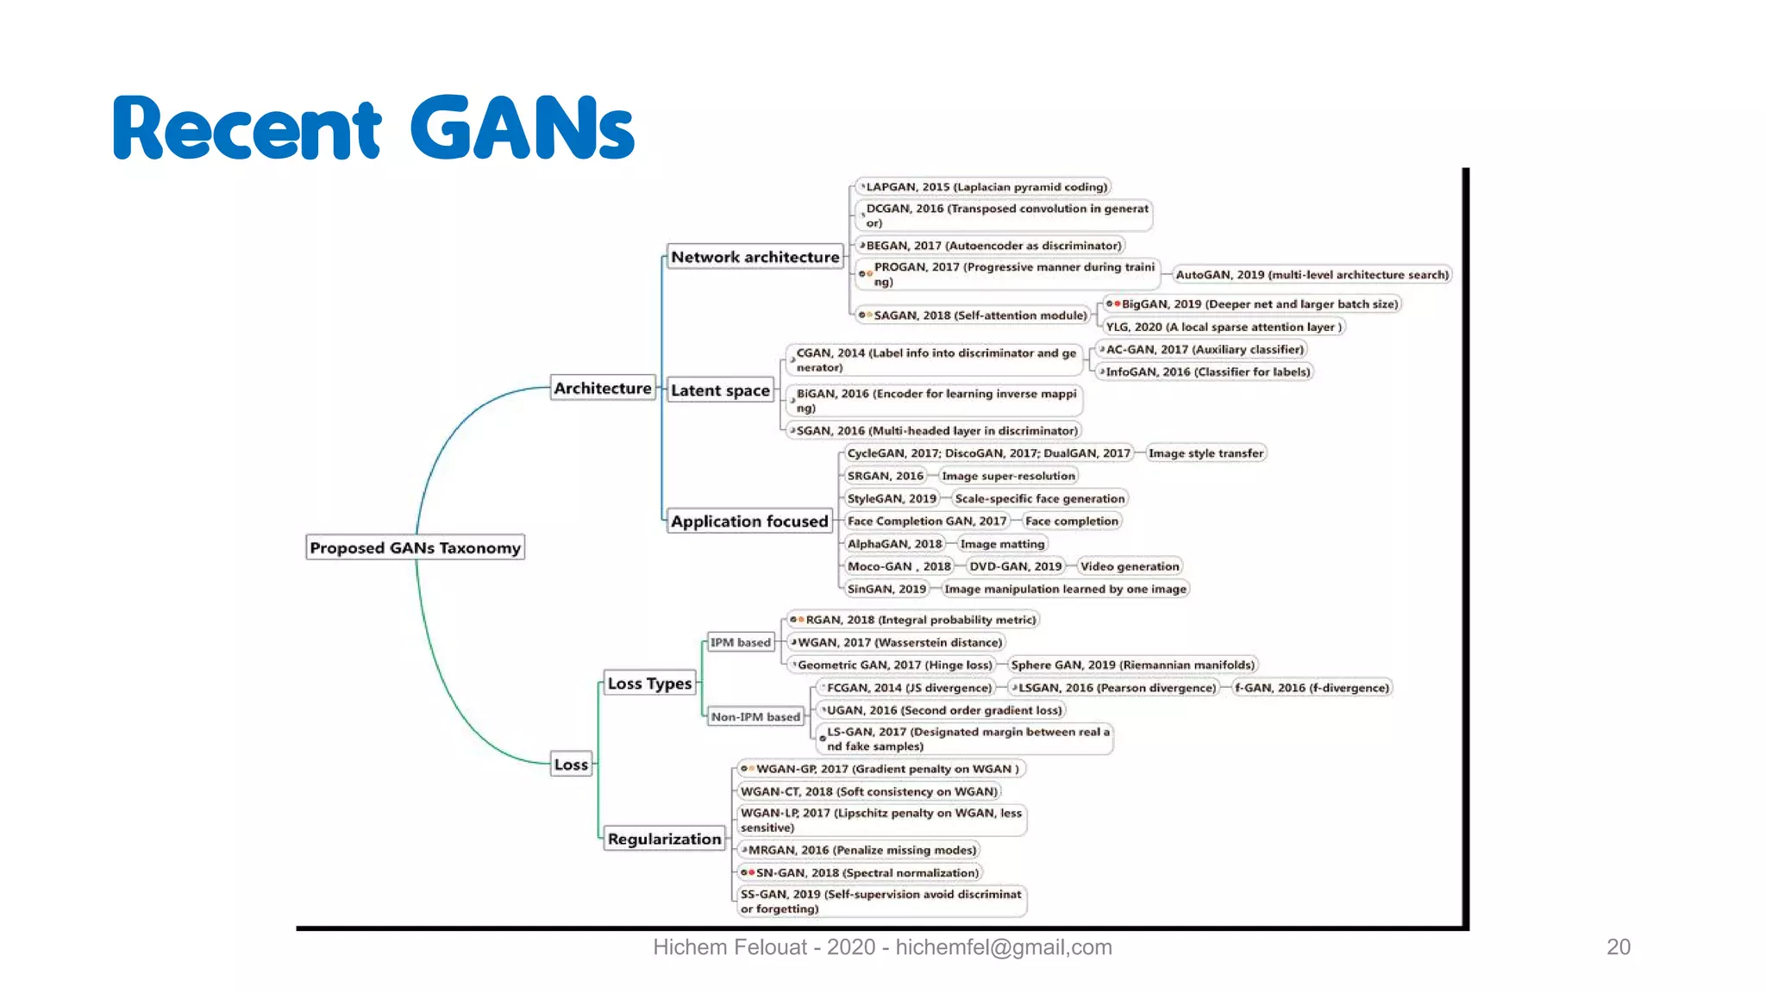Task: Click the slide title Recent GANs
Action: pyautogui.click(x=373, y=128)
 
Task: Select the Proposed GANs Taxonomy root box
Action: pyautogui.click(x=415, y=547)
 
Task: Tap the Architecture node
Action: pyautogui.click(x=602, y=388)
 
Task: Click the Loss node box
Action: pyautogui.click(x=571, y=764)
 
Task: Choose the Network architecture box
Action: pyautogui.click(x=755, y=257)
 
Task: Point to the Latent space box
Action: pyautogui.click(x=720, y=390)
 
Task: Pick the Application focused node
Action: pyautogui.click(x=748, y=521)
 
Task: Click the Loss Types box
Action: pyautogui.click(x=649, y=683)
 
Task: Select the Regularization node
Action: pyautogui.click(x=664, y=839)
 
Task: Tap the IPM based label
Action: pyautogui.click(x=740, y=642)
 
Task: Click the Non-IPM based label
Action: pyautogui.click(x=755, y=716)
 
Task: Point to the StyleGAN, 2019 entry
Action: pyautogui.click(x=892, y=498)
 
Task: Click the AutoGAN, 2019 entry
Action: pyautogui.click(x=1312, y=275)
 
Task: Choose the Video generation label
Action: pyautogui.click(x=1129, y=566)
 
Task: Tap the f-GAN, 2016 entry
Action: pyautogui.click(x=1312, y=688)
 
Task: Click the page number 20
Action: pyautogui.click(x=1618, y=946)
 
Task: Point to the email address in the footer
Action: pyautogui.click(x=1003, y=946)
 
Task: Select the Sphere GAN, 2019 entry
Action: pyautogui.click(x=1132, y=665)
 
